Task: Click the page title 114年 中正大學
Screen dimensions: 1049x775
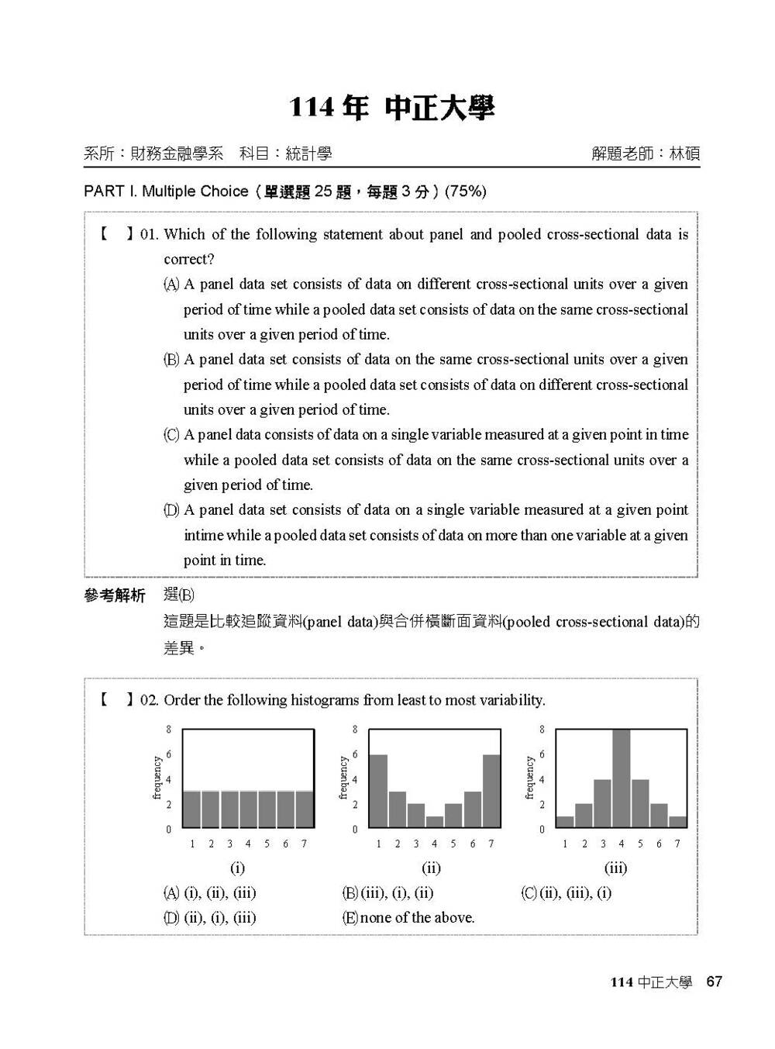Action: coord(391,109)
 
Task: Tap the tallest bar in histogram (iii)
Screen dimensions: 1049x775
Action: coord(621,778)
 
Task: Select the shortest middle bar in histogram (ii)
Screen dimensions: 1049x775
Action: coord(434,822)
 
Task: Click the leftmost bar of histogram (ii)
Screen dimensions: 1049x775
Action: coord(377,791)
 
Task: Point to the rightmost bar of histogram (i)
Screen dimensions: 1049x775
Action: coord(305,809)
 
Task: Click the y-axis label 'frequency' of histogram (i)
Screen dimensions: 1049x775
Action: coord(157,778)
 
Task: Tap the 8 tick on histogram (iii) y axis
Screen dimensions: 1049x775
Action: coord(542,730)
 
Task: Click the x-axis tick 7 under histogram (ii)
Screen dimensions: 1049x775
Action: coord(491,844)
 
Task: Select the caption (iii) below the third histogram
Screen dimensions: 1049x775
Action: coord(615,868)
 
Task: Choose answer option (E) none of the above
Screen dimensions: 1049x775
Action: coord(408,918)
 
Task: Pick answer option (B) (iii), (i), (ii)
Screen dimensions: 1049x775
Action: coord(387,893)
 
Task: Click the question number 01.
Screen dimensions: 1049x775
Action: coord(149,235)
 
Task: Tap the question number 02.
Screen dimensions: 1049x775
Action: coord(149,701)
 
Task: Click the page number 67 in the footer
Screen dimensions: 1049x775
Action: coord(714,982)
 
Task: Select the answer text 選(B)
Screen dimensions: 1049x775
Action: coord(179,595)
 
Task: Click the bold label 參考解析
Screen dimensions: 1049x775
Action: coord(114,596)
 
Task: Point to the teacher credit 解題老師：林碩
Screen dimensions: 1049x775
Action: coord(645,154)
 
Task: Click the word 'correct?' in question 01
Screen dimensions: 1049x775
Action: coord(189,260)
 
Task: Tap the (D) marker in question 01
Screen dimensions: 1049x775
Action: coord(171,510)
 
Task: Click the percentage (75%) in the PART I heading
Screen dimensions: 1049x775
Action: coord(466,192)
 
